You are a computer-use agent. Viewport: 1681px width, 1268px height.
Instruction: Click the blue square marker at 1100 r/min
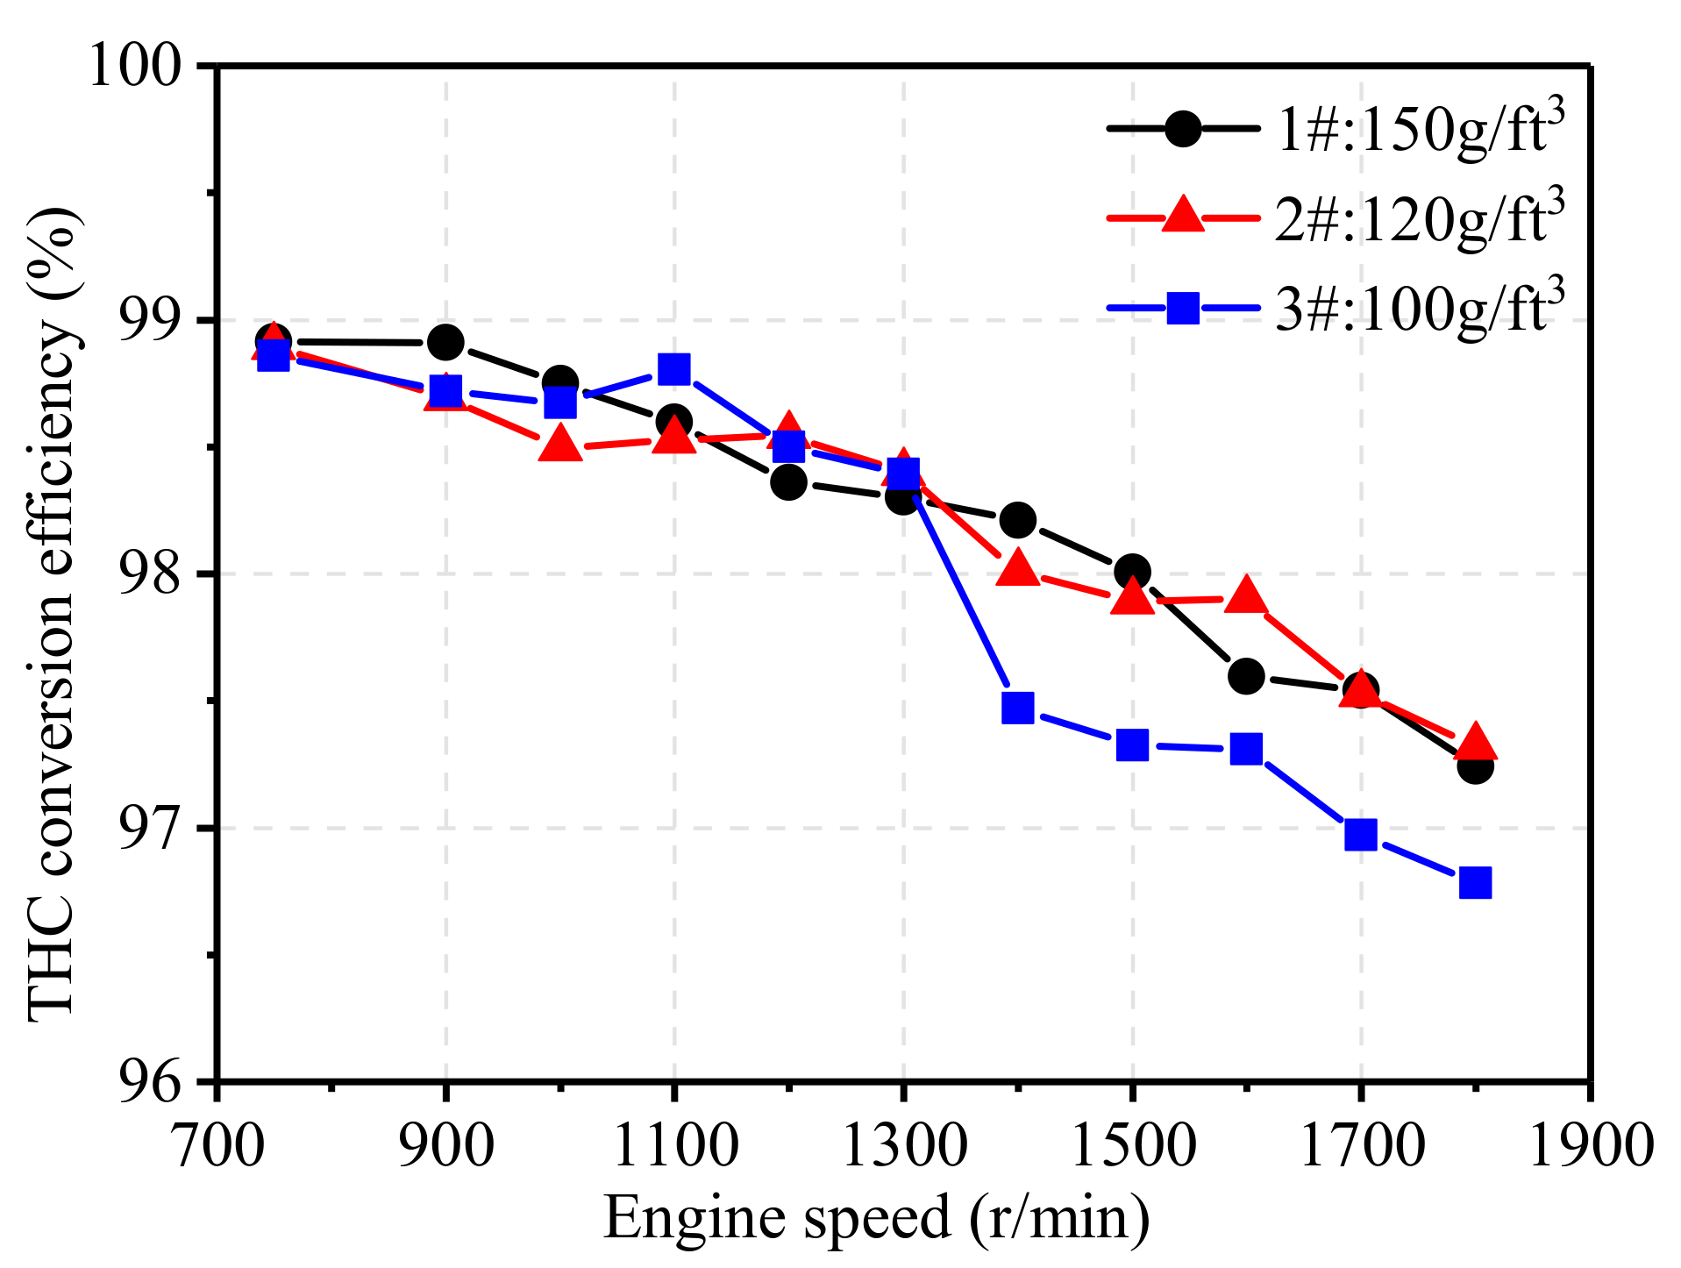673,369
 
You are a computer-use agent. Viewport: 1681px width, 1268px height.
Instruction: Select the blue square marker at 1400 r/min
1017,707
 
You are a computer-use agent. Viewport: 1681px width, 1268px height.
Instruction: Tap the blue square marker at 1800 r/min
1475,882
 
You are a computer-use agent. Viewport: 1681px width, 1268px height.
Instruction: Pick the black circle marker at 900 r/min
445,342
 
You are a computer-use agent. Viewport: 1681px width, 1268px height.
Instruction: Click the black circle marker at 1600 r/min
1246,676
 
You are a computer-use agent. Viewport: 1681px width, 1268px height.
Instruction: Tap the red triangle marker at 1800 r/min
1475,742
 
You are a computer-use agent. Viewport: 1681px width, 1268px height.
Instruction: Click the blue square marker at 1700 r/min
1360,834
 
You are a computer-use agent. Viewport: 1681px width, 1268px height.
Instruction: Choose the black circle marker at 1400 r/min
1017,520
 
